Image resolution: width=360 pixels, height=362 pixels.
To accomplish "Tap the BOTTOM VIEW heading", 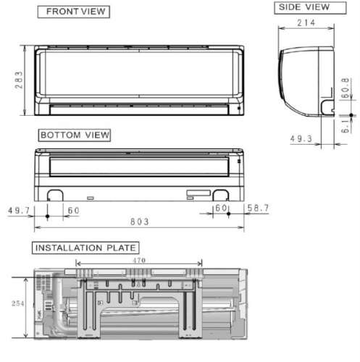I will (75, 135).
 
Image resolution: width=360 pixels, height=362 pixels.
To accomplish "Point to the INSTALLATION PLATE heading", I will (85, 248).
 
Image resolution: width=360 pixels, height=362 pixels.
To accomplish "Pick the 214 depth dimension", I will (307, 23).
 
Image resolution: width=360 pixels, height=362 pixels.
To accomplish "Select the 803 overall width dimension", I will (139, 221).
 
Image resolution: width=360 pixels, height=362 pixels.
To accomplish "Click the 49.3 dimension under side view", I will (302, 138).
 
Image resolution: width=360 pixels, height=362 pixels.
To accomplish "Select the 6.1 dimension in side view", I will (346, 125).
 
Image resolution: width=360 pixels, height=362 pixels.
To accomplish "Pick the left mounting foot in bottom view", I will (54, 194).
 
